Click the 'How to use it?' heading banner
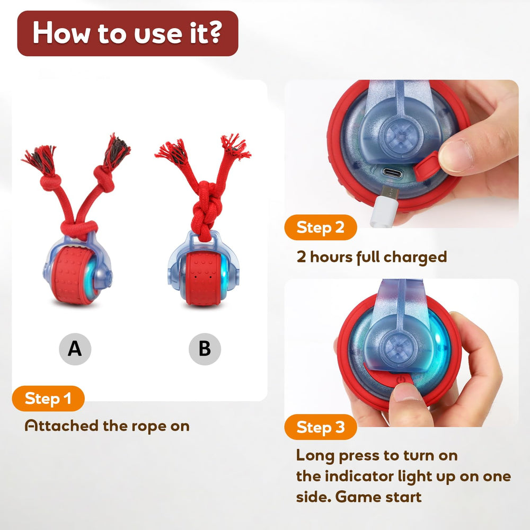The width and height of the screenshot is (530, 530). click(x=127, y=33)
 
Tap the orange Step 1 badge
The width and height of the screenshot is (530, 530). click(x=48, y=399)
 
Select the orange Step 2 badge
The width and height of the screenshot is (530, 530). click(x=320, y=227)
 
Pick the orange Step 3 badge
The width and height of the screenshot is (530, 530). click(x=320, y=427)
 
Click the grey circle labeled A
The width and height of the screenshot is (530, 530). click(x=75, y=349)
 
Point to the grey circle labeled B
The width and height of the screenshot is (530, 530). click(x=205, y=349)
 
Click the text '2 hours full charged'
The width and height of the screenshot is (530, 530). click(x=371, y=257)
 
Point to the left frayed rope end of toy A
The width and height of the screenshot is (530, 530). click(x=40, y=156)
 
